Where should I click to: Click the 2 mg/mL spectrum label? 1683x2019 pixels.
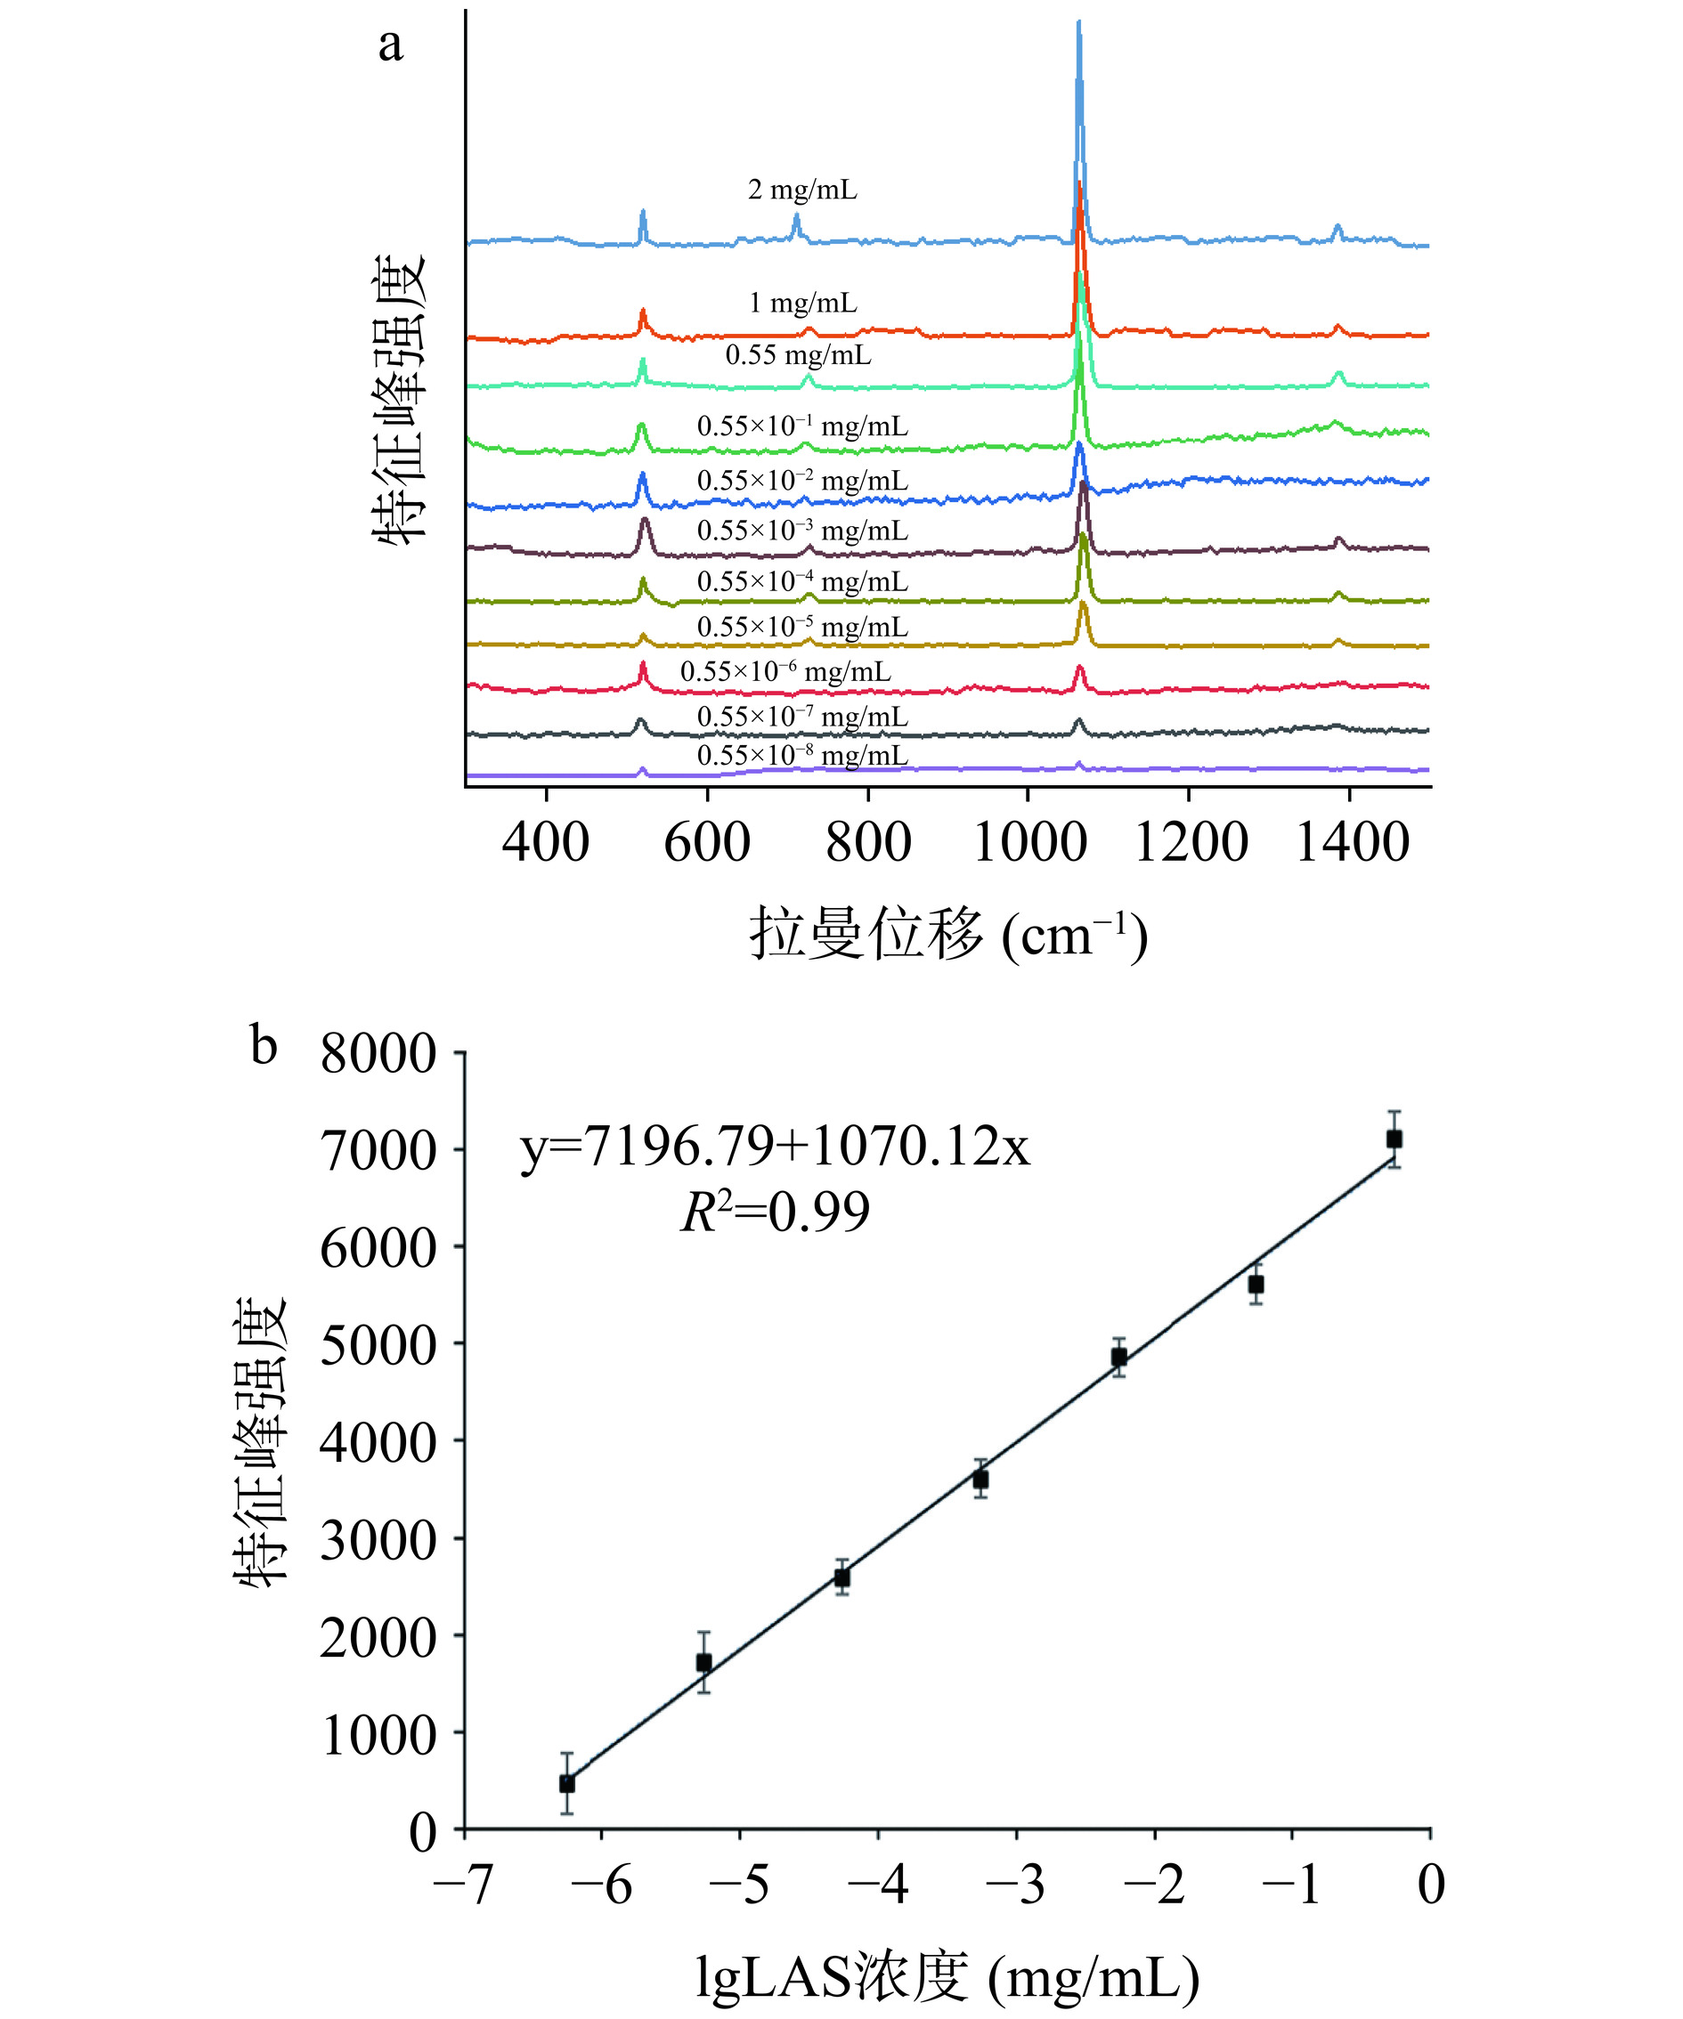802,191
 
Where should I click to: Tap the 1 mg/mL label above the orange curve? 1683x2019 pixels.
803,304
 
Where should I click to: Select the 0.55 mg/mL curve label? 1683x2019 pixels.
798,356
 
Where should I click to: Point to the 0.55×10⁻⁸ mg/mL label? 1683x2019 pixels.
802,756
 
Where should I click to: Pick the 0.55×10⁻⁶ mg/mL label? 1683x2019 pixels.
785,672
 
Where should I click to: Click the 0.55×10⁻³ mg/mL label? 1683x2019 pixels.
802,531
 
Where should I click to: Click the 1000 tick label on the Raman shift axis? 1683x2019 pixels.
1029,843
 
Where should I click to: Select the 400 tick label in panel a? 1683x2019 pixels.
545,843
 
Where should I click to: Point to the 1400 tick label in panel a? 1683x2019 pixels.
1352,843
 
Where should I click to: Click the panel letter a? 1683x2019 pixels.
390,45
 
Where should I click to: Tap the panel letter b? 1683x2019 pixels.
264,1046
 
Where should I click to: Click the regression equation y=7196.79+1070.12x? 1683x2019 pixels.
775,1146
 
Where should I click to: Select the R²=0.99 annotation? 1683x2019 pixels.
775,1212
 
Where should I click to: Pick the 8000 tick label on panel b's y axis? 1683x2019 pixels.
378,1054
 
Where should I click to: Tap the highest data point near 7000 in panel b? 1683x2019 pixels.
1394,1139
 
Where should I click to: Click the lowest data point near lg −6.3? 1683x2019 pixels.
567,1783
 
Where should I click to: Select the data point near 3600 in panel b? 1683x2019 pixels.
980,1480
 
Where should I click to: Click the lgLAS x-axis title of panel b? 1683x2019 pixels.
947,1979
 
